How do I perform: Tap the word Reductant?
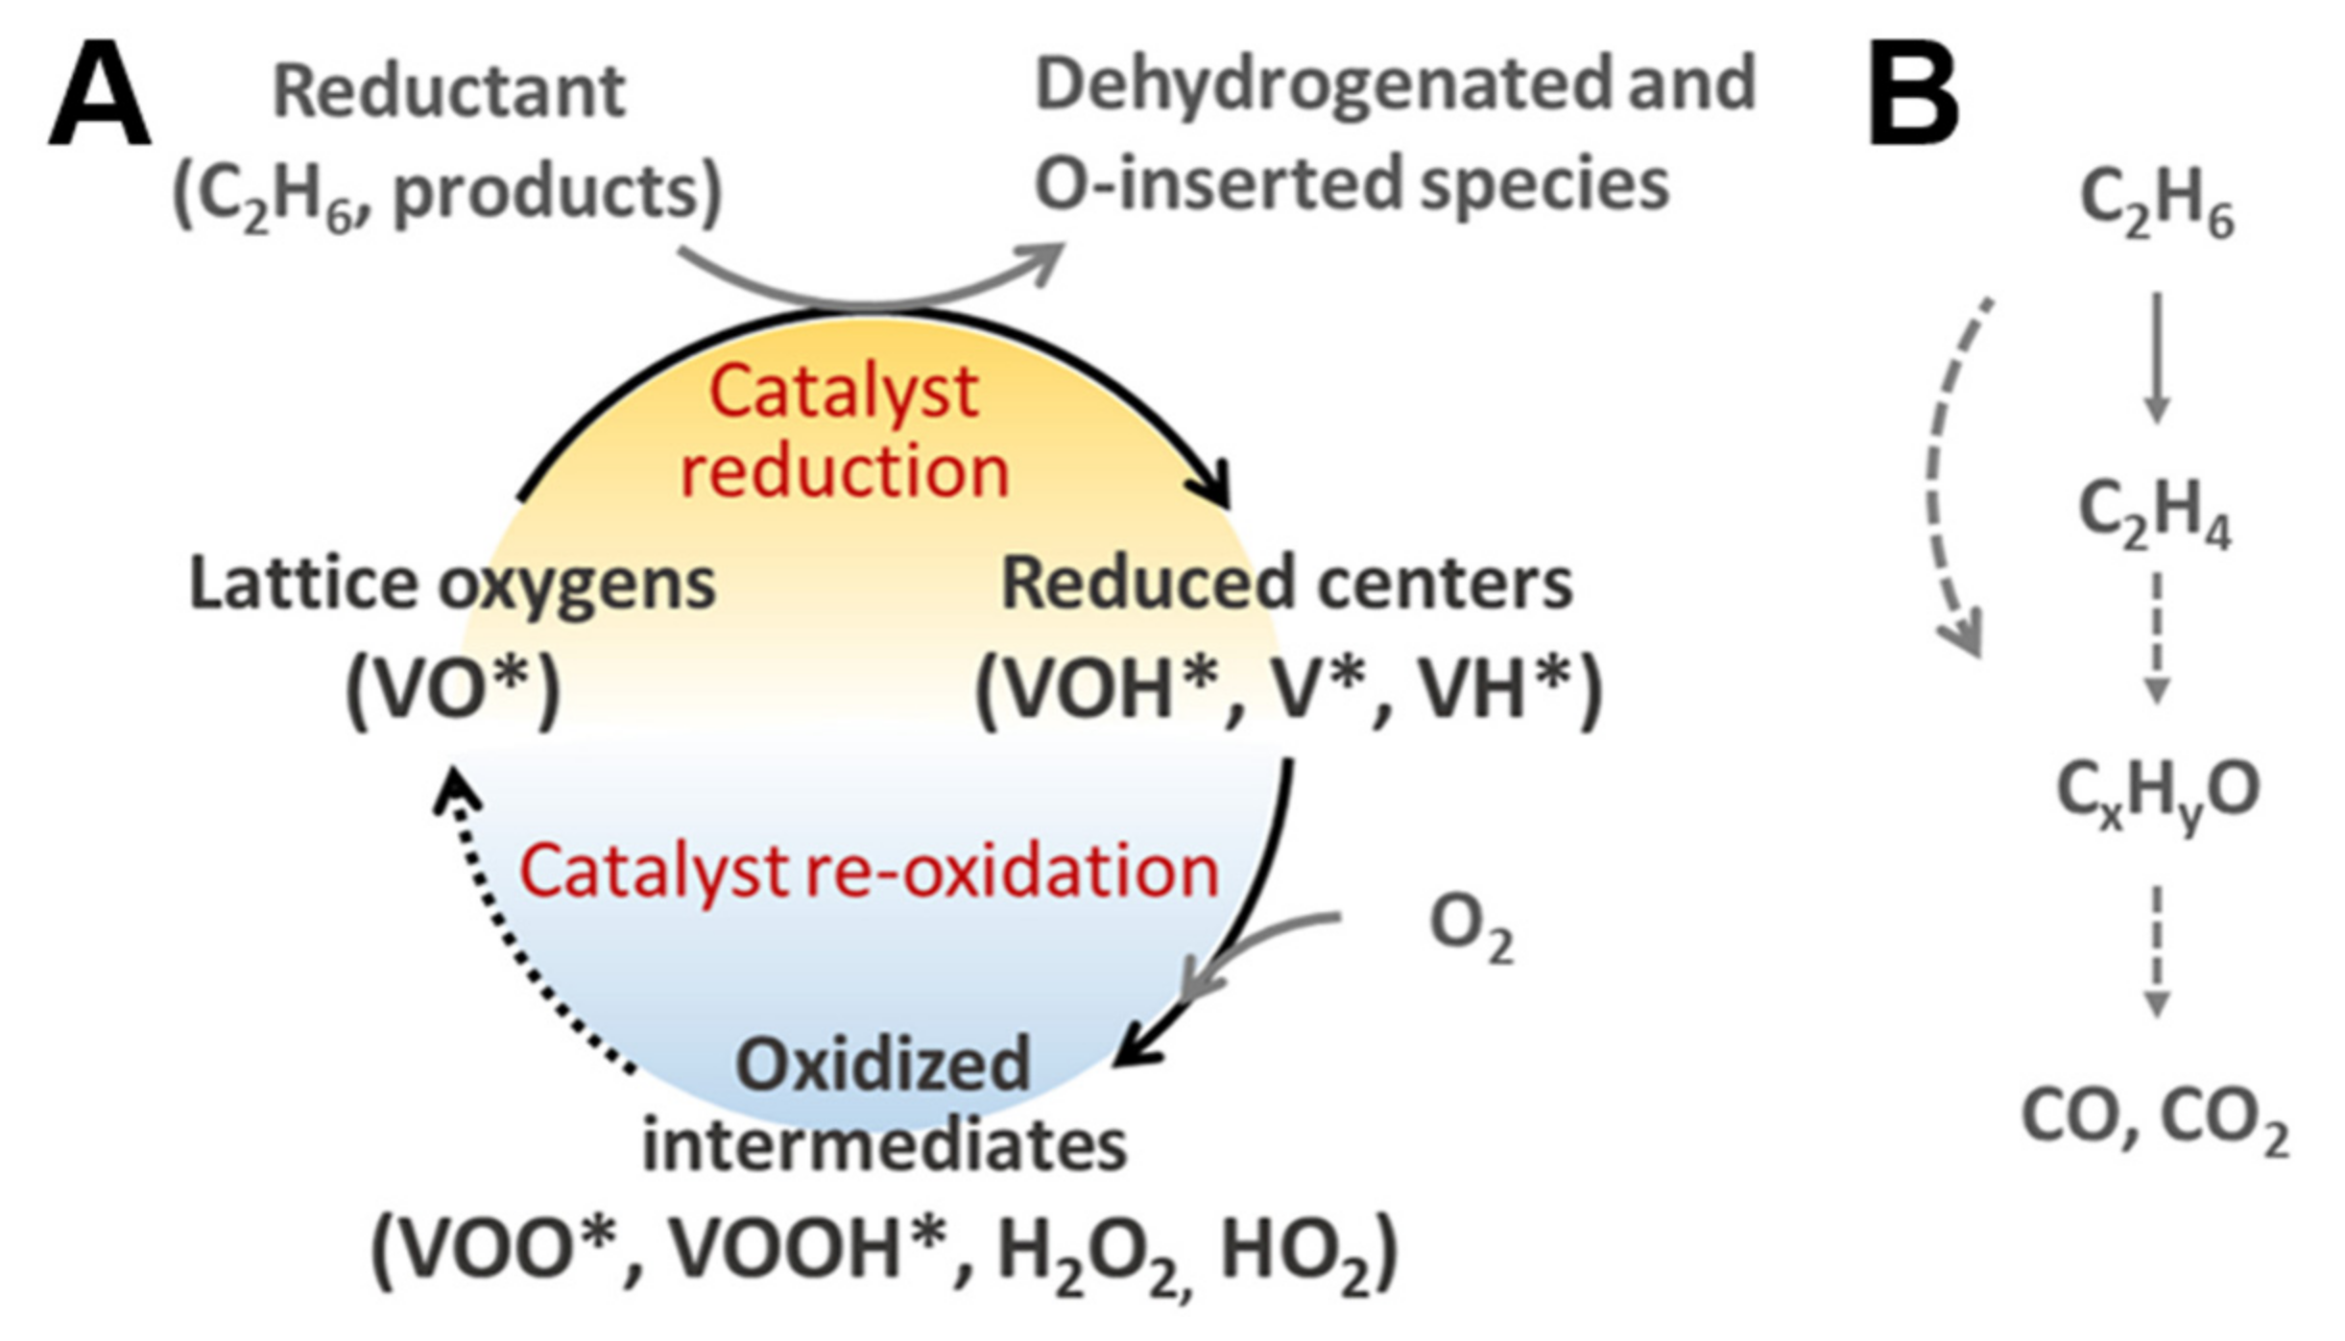448,92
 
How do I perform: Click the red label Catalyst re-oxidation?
868,872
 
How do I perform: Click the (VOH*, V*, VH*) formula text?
1288,688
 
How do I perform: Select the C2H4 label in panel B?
2153,515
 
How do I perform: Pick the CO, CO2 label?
2154,1119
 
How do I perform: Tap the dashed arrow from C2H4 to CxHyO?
2157,638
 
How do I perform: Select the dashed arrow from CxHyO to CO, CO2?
2157,950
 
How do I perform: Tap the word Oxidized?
882,1065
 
